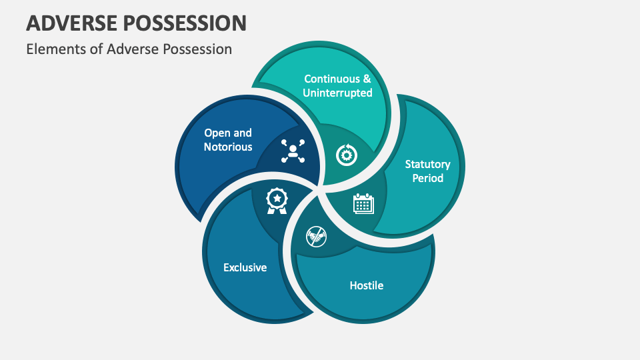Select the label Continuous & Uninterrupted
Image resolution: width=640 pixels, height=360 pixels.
(x=337, y=86)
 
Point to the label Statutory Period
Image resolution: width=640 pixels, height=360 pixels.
(x=427, y=171)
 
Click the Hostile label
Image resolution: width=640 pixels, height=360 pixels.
(x=367, y=285)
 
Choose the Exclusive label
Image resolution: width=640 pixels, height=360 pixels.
(x=245, y=267)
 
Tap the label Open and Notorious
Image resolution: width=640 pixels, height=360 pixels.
(x=228, y=140)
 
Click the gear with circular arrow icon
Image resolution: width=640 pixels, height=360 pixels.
(x=347, y=155)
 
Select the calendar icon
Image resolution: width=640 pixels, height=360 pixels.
(x=363, y=203)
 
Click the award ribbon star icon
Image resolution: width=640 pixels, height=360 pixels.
(x=276, y=200)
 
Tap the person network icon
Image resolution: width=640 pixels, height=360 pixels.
(x=292, y=151)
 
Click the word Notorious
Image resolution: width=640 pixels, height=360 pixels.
(x=228, y=147)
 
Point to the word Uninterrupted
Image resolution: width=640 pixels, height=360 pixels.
(x=337, y=93)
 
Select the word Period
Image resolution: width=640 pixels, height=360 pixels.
(x=427, y=178)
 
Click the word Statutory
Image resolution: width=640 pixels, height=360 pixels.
(x=427, y=164)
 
